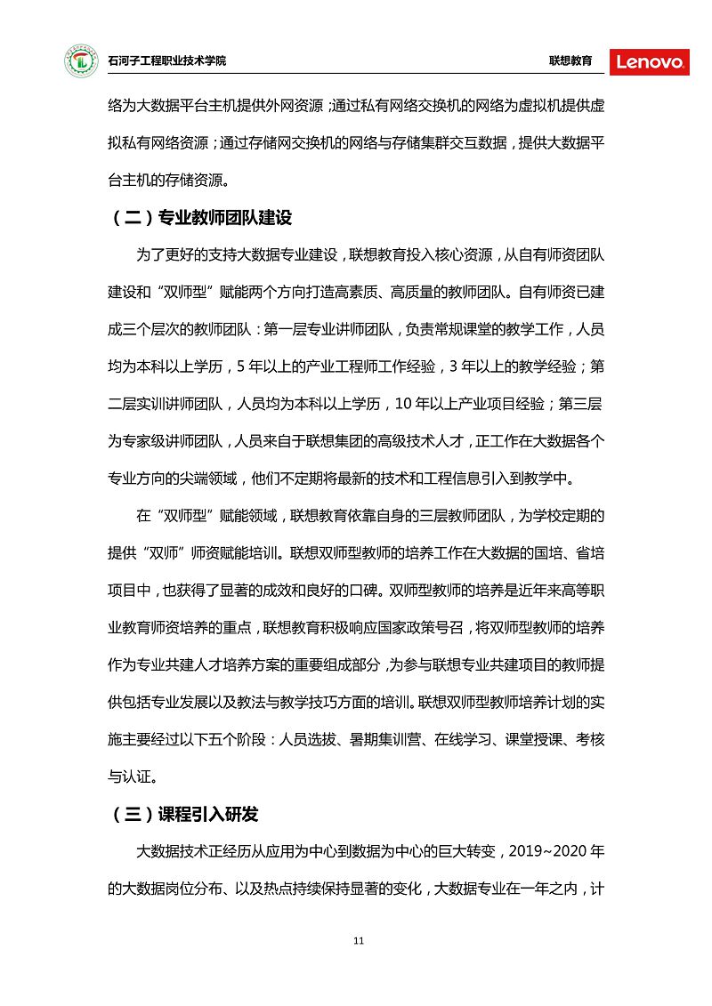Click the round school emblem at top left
coord(81,61)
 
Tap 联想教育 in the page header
coord(570,61)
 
